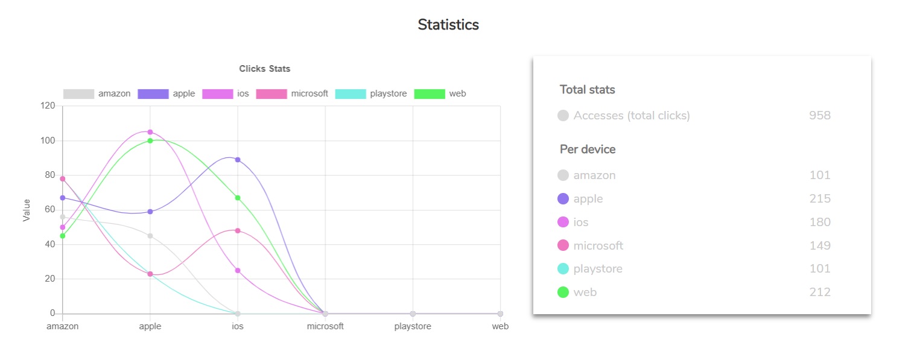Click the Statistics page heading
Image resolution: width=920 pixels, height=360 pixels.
448,25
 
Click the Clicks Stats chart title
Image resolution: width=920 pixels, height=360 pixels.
264,69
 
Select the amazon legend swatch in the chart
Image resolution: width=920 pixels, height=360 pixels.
78,93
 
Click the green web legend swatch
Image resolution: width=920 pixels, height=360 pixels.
430,93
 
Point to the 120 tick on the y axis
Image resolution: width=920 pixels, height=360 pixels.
47,106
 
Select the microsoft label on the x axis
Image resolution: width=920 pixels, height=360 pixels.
325,326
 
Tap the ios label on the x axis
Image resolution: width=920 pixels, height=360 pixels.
238,326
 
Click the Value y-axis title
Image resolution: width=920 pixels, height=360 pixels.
27,210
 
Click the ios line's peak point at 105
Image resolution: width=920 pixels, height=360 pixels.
150,132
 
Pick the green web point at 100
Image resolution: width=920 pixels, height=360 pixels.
150,141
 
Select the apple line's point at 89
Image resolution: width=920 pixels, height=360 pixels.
238,160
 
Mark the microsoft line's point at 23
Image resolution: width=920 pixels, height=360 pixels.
150,274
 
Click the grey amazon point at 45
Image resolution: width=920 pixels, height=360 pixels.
150,236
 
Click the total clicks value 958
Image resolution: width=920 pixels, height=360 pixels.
819,115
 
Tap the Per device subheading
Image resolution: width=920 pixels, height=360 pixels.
587,149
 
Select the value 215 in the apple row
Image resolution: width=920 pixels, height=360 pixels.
819,198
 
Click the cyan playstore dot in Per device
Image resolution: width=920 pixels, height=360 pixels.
563,269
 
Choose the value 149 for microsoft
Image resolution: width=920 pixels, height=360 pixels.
819,245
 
